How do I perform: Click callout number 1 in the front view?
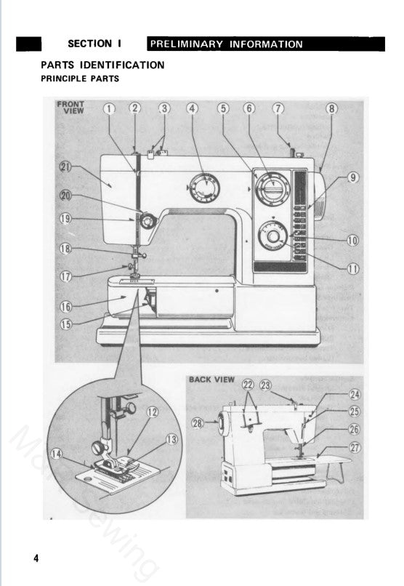click(109, 109)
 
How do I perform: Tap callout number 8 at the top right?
click(331, 109)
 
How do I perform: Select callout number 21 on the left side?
click(65, 168)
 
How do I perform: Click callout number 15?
click(65, 324)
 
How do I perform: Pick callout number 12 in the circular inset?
click(153, 412)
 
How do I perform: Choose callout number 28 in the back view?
click(197, 423)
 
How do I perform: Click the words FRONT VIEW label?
click(70, 108)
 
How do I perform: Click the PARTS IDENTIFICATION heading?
click(102, 65)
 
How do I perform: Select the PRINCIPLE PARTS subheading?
click(80, 79)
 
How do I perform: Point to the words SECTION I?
click(99, 44)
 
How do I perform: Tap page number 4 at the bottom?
click(36, 558)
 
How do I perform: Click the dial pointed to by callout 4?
click(207, 188)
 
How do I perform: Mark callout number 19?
click(65, 217)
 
